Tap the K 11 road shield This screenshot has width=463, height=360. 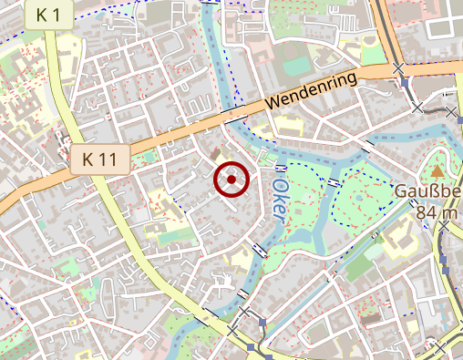(99, 159)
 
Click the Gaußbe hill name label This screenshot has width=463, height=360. (427, 192)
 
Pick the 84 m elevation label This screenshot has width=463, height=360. (437, 213)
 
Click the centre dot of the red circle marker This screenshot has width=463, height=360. (232, 180)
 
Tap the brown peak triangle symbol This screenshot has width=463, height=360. (438, 170)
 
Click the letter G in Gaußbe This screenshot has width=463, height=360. (402, 192)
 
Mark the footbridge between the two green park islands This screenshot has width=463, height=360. (334, 183)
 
